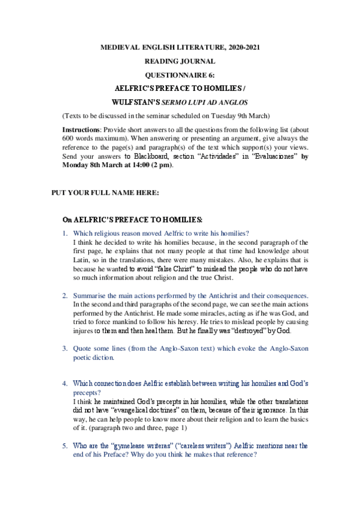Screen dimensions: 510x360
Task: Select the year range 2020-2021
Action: click(x=243, y=47)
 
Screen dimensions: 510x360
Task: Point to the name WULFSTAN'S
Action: click(x=136, y=101)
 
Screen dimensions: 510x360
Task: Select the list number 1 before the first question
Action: click(x=65, y=233)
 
